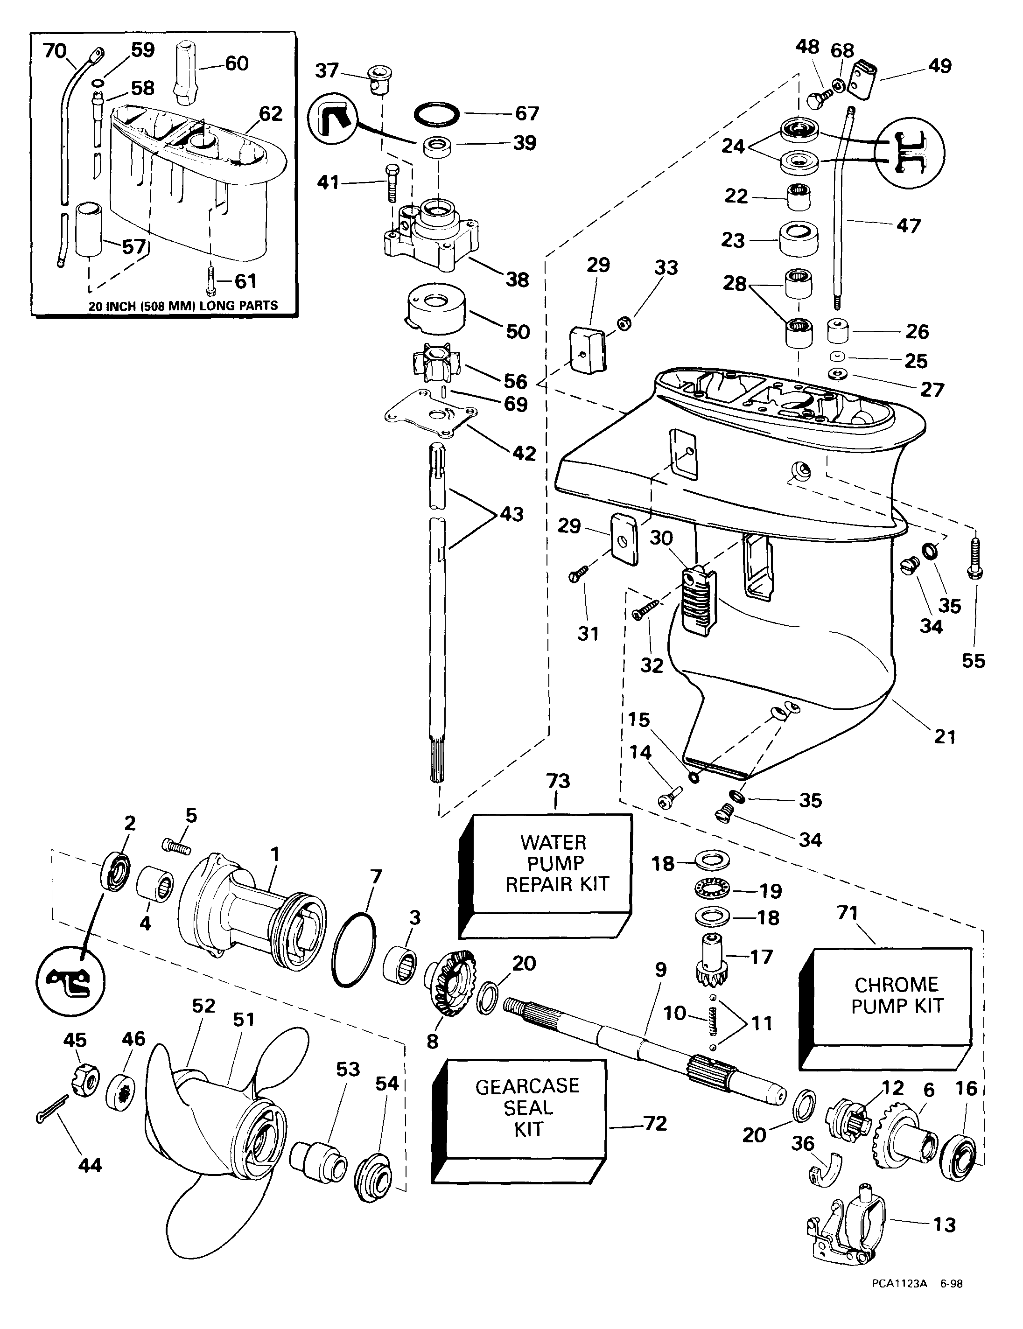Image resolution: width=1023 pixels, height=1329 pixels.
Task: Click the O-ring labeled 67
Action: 436,114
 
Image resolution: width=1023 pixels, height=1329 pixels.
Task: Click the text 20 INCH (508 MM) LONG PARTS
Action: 183,306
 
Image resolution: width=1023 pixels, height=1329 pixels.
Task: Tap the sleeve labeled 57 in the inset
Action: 90,230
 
